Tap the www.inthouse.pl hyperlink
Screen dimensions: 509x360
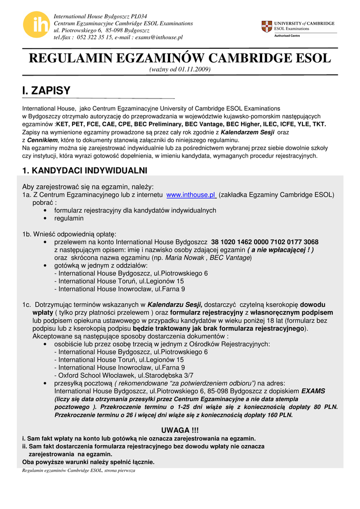point(191,195)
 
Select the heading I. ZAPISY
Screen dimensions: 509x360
point(46,90)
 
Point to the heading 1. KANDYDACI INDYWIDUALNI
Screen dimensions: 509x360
point(85,170)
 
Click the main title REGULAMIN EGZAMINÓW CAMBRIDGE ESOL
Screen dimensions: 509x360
point(180,58)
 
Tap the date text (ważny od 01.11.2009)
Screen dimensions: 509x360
point(180,69)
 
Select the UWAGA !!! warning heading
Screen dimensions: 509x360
point(180,429)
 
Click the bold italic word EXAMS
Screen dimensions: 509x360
point(313,391)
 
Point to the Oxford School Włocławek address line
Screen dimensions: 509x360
point(124,375)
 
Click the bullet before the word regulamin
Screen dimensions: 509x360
point(46,218)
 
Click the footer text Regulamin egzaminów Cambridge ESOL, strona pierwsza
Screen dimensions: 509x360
point(79,470)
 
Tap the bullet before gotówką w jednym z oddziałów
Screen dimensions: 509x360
point(46,266)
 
